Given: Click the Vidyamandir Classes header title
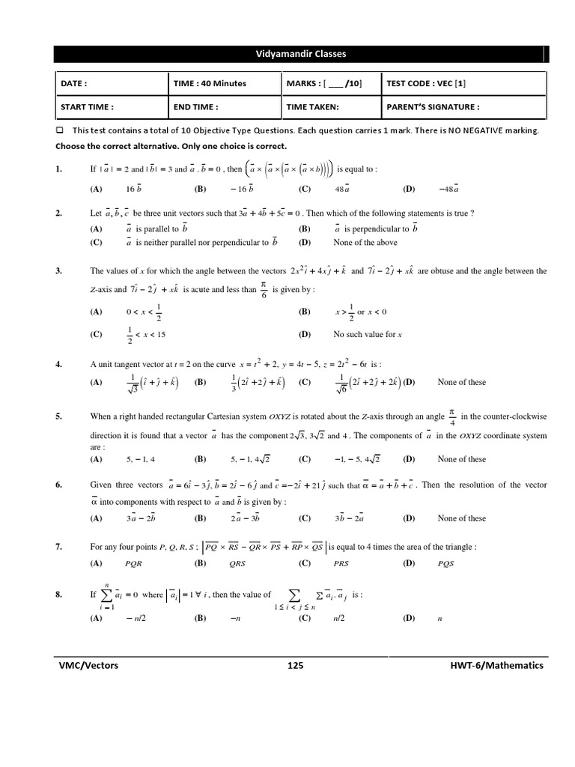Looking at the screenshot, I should click(301, 54).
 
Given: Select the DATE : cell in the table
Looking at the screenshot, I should click(74, 84).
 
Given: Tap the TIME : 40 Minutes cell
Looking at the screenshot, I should click(210, 84).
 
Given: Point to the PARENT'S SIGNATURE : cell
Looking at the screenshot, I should click(433, 107).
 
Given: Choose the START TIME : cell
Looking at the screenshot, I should click(87, 107).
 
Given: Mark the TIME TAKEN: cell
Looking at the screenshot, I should click(312, 107).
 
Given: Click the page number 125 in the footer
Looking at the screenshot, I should click(295, 665).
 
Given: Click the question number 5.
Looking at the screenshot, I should click(58, 416).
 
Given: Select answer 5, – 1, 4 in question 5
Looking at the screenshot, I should click(140, 459).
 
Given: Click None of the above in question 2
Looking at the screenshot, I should click(365, 243).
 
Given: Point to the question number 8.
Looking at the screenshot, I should click(58, 595).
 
